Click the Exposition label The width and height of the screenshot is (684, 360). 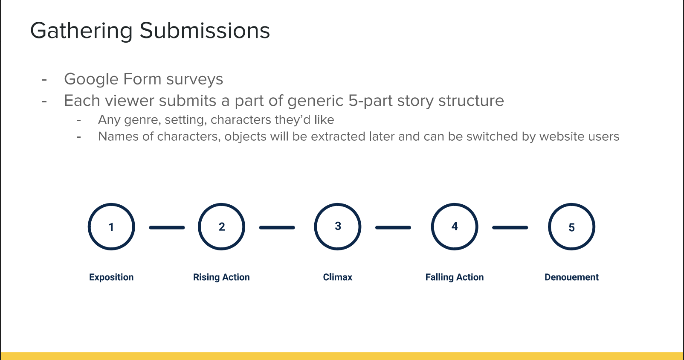pos(111,277)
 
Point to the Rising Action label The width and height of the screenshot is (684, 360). pos(221,277)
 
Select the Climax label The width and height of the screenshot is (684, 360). pos(337,277)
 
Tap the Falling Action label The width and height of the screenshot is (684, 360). pos(455,277)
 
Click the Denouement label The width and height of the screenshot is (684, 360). pos(571,277)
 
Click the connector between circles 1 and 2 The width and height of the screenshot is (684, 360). pos(167,227)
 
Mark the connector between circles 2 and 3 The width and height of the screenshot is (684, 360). pos(277,227)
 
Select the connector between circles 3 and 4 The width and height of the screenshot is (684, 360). pos(393,227)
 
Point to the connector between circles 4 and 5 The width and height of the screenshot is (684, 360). pos(510,227)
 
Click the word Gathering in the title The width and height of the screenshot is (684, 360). pos(81,31)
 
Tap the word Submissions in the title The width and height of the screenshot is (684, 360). pos(205,31)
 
